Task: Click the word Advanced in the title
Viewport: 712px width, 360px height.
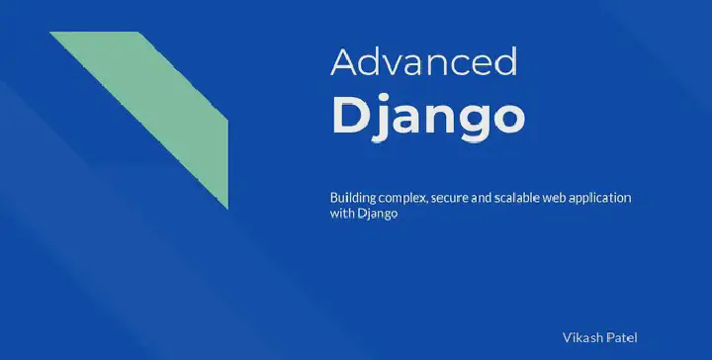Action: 423,61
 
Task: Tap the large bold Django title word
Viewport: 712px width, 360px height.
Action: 427,117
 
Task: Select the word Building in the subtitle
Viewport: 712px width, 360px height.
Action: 353,198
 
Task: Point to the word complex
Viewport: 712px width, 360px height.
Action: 402,199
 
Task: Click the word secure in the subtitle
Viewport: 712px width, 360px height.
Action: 451,198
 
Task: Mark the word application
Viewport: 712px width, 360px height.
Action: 605,199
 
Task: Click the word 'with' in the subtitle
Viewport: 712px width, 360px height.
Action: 341,215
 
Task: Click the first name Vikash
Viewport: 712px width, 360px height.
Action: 582,336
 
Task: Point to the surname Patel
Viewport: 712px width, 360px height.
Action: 622,336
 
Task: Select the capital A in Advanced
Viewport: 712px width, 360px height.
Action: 343,61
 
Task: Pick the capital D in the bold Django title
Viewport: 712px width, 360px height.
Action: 350,115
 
